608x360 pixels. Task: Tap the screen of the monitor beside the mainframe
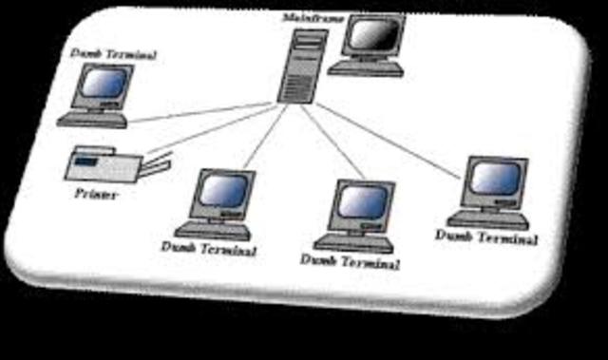(372, 36)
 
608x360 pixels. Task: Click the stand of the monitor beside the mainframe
(366, 67)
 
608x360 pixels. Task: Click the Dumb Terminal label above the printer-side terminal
(113, 55)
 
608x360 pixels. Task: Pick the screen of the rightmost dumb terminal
(497, 178)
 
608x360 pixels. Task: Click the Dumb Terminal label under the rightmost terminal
(486, 236)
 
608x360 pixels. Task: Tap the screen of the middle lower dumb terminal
(362, 200)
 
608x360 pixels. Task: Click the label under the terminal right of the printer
(208, 249)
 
